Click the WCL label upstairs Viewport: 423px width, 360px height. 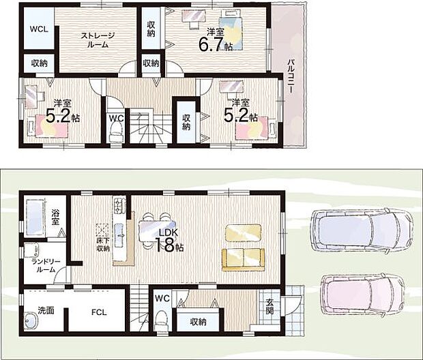[39, 29]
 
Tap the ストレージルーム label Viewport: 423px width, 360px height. [98, 40]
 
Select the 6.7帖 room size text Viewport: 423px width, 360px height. [216, 43]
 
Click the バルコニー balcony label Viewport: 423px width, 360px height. [291, 76]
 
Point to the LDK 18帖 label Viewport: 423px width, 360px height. [169, 241]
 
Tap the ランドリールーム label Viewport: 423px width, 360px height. [46, 265]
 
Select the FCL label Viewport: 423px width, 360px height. [99, 312]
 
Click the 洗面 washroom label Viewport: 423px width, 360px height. [46, 310]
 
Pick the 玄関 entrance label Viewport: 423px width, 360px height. [269, 306]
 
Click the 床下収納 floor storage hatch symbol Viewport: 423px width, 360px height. [102, 230]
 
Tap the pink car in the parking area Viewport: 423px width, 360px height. [362, 295]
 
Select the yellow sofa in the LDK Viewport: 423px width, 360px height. [244, 260]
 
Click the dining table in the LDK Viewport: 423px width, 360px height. [158, 230]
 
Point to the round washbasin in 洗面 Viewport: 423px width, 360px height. [31, 321]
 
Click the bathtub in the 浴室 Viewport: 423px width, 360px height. [35, 218]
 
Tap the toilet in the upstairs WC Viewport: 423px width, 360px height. [116, 132]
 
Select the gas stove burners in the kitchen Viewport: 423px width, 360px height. [119, 205]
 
